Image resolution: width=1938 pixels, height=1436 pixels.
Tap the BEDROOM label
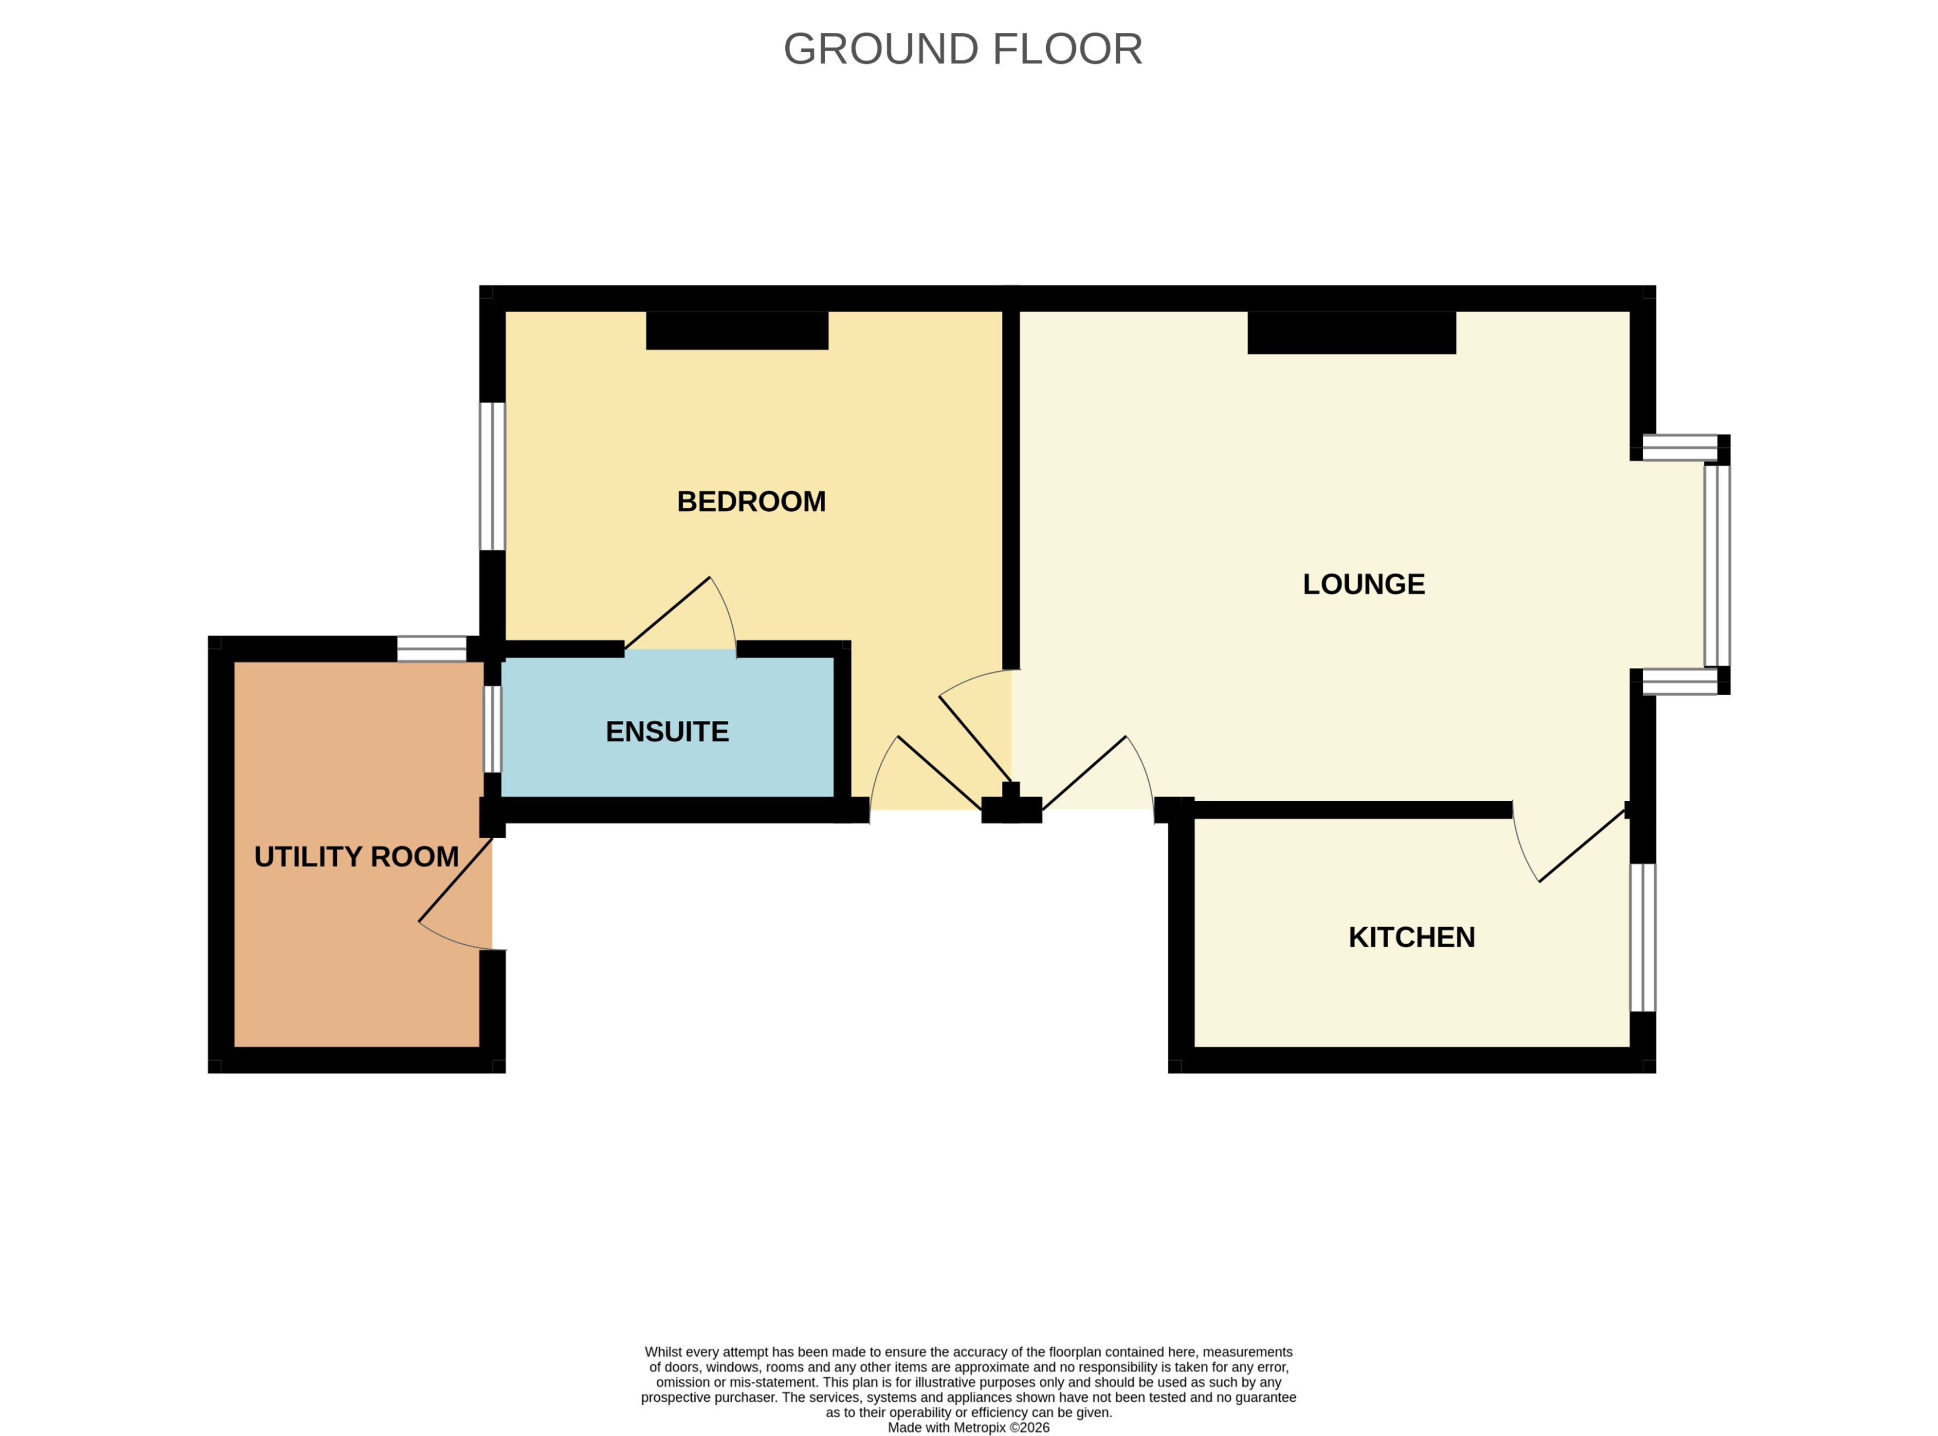click(x=751, y=501)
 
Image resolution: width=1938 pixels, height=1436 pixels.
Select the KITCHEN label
click(x=1411, y=937)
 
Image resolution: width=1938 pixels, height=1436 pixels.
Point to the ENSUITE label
click(x=667, y=732)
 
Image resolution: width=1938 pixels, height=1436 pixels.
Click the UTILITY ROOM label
click(x=356, y=857)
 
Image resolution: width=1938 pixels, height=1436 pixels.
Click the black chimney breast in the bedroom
click(x=737, y=331)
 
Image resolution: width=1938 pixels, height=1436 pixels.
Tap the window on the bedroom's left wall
click(x=492, y=476)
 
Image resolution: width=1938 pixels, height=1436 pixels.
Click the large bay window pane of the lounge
click(x=1716, y=566)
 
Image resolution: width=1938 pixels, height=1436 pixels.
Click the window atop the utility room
click(x=432, y=648)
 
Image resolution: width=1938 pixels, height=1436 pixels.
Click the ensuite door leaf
click(x=667, y=613)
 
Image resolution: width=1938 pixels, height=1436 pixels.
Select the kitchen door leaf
click(x=1582, y=846)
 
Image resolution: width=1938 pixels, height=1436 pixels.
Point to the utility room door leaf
click(x=455, y=880)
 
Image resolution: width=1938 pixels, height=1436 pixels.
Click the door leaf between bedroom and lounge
click(x=974, y=740)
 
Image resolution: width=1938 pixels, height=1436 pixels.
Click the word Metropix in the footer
click(x=980, y=1427)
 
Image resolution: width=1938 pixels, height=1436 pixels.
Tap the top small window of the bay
click(x=1679, y=448)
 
